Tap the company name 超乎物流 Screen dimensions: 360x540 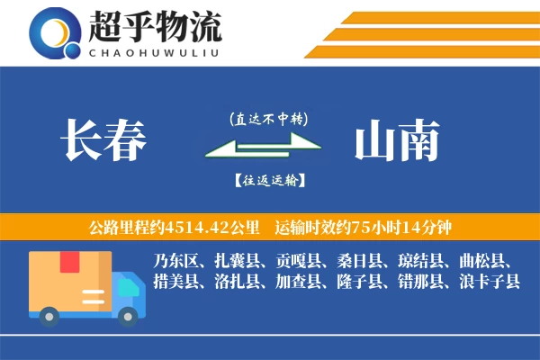155,29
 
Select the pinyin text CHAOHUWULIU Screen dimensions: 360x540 155,51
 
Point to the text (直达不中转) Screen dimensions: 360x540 268,118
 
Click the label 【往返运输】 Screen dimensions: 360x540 268,179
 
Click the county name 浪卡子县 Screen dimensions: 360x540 488,282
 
